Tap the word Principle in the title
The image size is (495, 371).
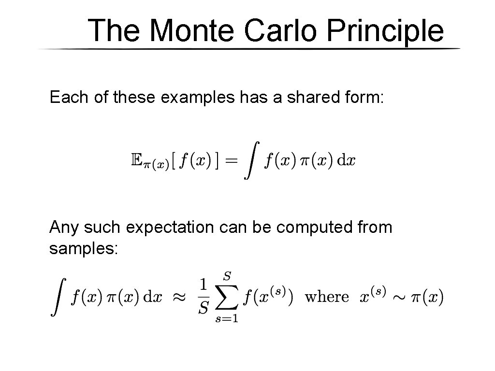[384, 31]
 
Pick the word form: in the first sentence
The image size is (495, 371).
[365, 97]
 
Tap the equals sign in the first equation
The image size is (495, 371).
[232, 161]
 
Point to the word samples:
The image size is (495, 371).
[84, 249]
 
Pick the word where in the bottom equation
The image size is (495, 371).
[327, 297]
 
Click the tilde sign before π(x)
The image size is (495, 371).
[399, 297]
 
